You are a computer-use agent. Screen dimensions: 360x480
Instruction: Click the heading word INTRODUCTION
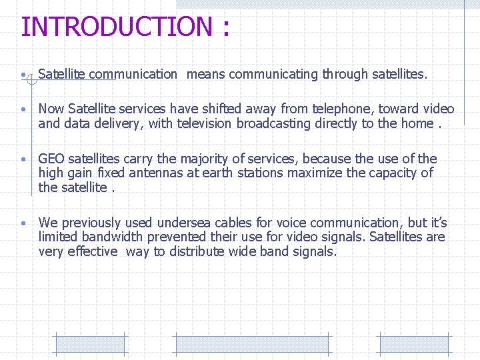click(116, 27)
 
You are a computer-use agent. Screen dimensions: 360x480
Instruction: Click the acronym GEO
click(51, 159)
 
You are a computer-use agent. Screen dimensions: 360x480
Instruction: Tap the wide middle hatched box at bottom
click(251, 344)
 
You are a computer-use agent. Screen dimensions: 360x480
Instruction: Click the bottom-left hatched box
click(89, 344)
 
